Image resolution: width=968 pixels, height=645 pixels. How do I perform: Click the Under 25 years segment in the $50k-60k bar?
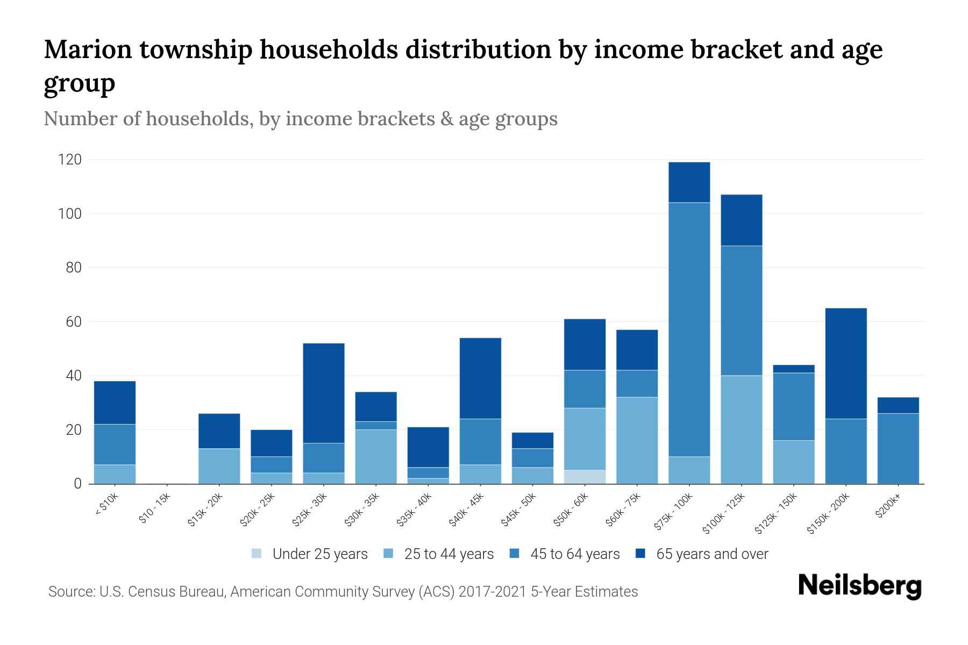(585, 477)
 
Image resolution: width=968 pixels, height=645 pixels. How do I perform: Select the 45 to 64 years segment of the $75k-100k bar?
(689, 329)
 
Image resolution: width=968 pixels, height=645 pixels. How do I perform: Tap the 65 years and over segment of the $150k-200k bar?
(845, 363)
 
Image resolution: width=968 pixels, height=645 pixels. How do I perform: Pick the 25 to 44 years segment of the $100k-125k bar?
(741, 429)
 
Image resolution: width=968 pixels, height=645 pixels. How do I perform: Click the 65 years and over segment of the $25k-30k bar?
(324, 393)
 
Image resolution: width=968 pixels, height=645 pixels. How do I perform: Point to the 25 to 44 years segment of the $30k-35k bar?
(376, 456)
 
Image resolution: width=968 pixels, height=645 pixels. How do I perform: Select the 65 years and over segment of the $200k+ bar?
(898, 405)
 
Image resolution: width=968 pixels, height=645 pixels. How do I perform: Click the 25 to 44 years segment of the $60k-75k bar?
(637, 440)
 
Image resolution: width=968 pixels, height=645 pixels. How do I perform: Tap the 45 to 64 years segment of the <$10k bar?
(115, 444)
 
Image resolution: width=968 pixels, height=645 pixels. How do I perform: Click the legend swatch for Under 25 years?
(257, 554)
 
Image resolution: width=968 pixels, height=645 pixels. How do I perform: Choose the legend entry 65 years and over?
(711, 554)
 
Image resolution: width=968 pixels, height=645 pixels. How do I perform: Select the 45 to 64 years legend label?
(574, 554)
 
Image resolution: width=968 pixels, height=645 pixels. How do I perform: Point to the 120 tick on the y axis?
(70, 160)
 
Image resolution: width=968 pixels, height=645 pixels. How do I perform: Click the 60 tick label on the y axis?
(73, 322)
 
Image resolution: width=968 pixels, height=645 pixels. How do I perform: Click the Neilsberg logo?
(859, 586)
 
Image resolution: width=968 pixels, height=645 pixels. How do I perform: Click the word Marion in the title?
(87, 49)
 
